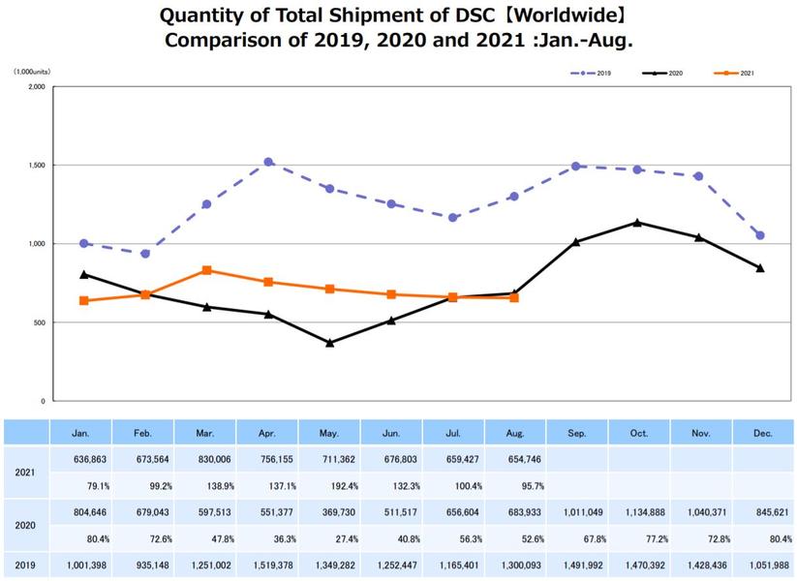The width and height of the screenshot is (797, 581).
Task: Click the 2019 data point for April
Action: (268, 162)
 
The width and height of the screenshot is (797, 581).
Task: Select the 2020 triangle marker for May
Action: (330, 343)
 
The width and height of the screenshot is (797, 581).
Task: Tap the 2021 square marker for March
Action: (207, 270)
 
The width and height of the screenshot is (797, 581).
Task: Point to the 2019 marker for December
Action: (760, 235)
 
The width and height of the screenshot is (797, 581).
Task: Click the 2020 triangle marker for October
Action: (637, 223)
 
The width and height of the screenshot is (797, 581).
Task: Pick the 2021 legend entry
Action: (734, 74)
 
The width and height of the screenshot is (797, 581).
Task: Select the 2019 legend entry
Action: (591, 74)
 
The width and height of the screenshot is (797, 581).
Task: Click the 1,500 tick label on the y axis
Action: (37, 166)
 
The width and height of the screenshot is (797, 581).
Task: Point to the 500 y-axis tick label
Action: (40, 322)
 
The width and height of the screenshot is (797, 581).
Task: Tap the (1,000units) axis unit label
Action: (32, 73)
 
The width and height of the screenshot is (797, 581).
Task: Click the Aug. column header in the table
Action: (515, 433)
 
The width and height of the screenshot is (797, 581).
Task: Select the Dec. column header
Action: (763, 433)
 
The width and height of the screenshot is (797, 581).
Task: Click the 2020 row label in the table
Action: (25, 526)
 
